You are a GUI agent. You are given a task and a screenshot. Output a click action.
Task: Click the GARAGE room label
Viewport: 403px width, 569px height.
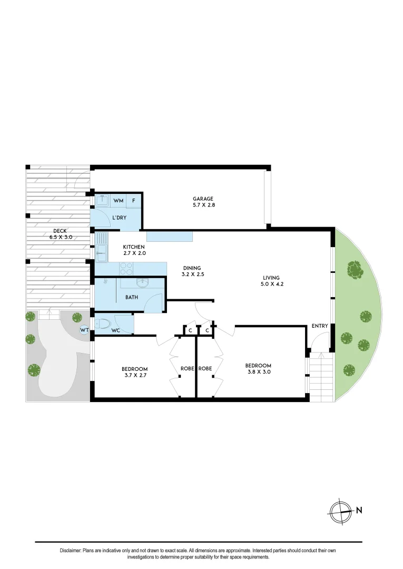click(202, 199)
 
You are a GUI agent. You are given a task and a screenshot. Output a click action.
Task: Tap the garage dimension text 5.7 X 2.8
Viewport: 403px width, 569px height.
click(202, 206)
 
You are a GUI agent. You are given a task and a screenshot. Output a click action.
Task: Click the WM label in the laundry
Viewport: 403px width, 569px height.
click(119, 201)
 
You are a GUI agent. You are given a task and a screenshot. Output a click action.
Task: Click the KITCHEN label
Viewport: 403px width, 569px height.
click(134, 247)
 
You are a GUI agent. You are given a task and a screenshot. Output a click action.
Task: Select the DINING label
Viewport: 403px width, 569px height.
click(192, 268)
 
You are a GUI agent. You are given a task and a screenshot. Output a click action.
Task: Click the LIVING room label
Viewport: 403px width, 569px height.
click(272, 278)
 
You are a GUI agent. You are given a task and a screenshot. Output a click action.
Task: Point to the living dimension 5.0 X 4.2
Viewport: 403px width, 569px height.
click(272, 284)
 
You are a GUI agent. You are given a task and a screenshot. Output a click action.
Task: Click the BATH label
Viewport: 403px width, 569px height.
click(132, 298)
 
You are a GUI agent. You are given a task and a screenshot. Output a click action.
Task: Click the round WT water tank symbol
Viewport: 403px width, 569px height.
click(83, 330)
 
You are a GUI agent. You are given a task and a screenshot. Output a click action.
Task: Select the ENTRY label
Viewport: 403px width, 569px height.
click(320, 326)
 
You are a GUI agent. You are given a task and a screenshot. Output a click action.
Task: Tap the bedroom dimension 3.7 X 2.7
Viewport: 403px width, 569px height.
click(135, 376)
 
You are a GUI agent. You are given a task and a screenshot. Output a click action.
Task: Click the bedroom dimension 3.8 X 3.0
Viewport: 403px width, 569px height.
click(258, 372)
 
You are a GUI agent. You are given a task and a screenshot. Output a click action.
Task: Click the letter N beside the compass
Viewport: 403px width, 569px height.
click(359, 510)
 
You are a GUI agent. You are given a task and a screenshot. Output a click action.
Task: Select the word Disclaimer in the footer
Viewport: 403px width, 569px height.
click(71, 551)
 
